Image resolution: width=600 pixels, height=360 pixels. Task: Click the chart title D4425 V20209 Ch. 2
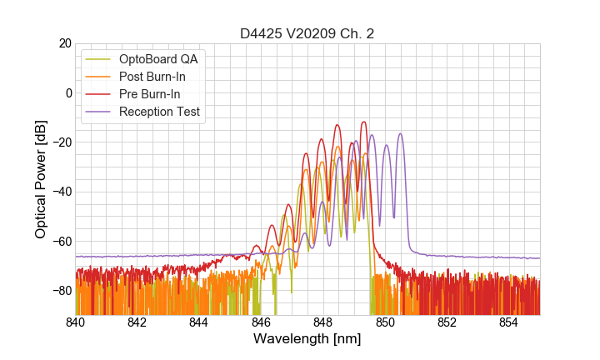tap(307, 34)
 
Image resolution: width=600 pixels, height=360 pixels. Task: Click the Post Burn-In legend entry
tap(152, 77)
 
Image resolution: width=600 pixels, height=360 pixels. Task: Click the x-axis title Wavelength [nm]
tap(307, 339)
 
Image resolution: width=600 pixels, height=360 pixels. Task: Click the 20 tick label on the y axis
tap(64, 43)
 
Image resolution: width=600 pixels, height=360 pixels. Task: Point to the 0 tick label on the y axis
tap(67, 92)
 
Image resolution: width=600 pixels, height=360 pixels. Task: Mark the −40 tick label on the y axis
tap(62, 192)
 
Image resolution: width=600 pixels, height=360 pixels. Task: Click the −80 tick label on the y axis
tap(62, 291)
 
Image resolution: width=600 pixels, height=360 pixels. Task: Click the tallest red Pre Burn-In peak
tap(363, 122)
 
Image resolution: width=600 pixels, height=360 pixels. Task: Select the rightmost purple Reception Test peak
tap(401, 133)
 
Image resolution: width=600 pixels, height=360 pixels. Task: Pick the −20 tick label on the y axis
tap(62, 142)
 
